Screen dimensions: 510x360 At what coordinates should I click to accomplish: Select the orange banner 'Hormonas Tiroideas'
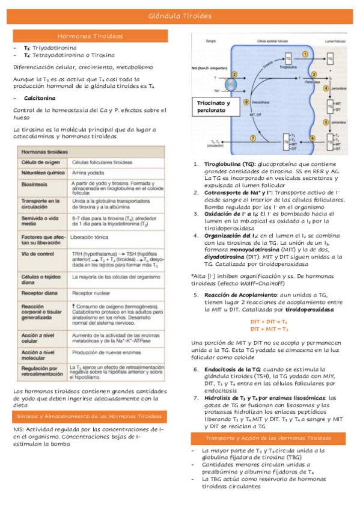(x=90, y=37)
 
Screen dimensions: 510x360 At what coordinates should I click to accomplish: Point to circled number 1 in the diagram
(x=305, y=53)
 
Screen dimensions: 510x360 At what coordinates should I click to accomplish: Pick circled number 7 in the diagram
(x=253, y=138)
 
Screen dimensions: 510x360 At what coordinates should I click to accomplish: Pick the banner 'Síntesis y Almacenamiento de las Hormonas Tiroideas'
(x=90, y=416)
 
